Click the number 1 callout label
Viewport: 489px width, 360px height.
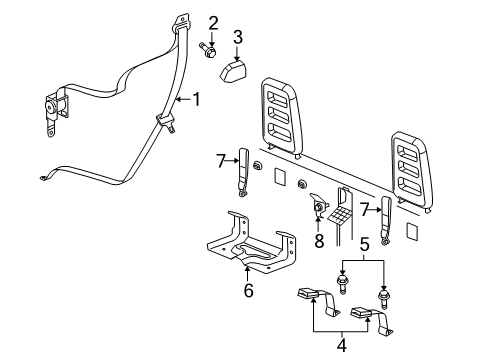point(196,99)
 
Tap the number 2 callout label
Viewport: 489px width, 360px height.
point(212,22)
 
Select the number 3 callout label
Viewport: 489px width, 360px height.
point(237,38)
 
